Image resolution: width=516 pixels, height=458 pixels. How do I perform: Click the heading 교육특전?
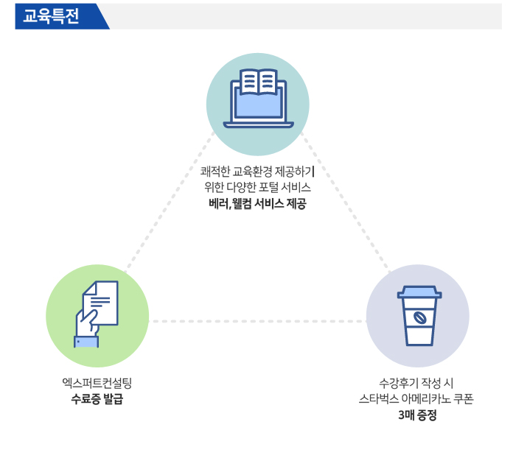point(51,15)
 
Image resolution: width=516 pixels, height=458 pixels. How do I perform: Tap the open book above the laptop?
point(258,82)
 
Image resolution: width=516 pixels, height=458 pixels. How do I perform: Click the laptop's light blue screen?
point(258,105)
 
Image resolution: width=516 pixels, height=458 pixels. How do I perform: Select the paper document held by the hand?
point(102,303)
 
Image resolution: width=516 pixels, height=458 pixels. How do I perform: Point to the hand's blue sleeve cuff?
point(86,342)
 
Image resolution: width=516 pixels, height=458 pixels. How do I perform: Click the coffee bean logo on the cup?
point(420,318)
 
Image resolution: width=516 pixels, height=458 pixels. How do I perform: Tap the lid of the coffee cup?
point(419,292)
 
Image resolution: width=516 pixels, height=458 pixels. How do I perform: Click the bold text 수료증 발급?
point(97,399)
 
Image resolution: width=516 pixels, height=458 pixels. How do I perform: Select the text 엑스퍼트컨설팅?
point(97,383)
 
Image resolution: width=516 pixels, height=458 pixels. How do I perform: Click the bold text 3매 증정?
point(417,415)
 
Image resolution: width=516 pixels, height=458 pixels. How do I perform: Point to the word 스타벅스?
point(379,399)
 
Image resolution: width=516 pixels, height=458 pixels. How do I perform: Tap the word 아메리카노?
point(426,399)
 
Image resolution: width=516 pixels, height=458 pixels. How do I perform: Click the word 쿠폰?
point(464,399)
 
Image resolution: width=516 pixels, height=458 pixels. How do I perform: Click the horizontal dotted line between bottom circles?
point(258,321)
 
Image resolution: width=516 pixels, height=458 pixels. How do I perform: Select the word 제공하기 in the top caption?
point(295,172)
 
